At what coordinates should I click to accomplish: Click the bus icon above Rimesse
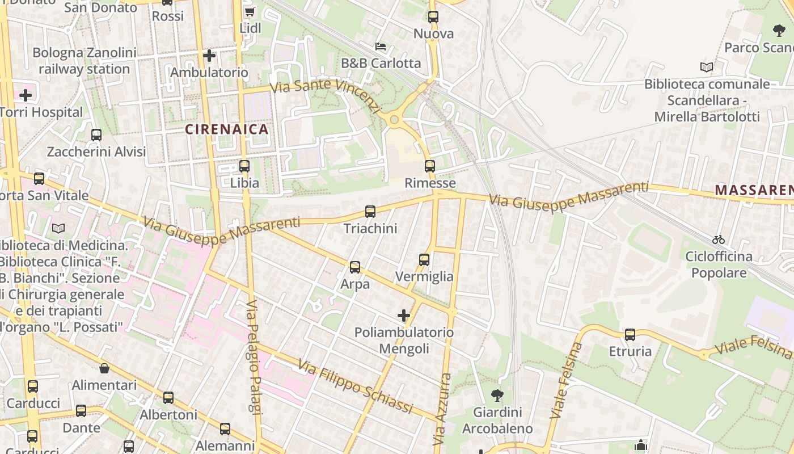(x=430, y=166)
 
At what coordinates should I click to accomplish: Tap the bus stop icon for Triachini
(x=370, y=212)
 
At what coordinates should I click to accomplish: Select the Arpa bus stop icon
(x=355, y=267)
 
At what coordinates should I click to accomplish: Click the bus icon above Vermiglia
(x=424, y=260)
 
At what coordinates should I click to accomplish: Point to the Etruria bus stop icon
(x=630, y=335)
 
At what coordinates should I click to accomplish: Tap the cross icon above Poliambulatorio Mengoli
(x=404, y=316)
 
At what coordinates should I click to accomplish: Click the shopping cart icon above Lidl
(x=250, y=11)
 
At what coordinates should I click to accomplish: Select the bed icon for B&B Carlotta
(x=381, y=46)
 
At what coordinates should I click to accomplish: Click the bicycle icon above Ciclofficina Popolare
(x=719, y=239)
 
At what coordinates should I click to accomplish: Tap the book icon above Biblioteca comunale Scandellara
(x=706, y=68)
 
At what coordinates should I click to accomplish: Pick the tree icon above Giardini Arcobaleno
(x=497, y=395)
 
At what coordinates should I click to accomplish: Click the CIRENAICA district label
(x=227, y=129)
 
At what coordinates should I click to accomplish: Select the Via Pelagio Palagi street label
(x=254, y=365)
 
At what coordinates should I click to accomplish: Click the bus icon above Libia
(x=244, y=166)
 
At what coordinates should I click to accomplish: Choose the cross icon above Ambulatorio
(x=209, y=56)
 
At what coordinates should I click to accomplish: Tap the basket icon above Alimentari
(x=104, y=369)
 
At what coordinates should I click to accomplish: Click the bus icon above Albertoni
(x=168, y=398)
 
